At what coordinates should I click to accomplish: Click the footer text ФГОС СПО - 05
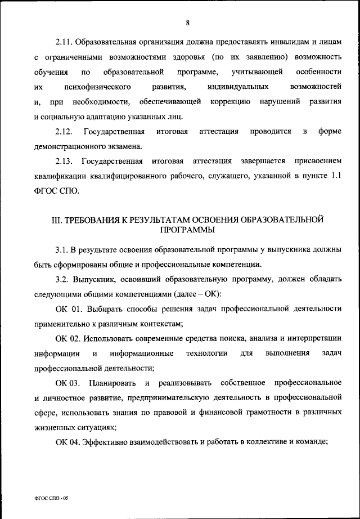[50, 499]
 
